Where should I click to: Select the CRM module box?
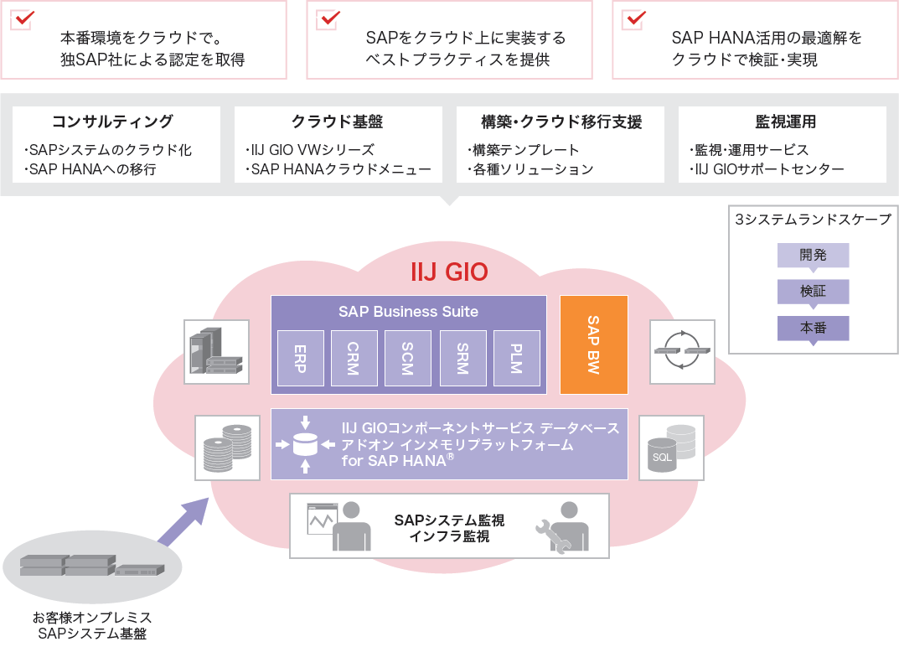click(x=354, y=358)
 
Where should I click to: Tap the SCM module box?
click(x=408, y=358)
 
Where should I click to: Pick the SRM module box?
click(x=462, y=358)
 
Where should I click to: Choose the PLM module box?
click(x=516, y=358)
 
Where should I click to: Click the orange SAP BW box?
click(x=593, y=344)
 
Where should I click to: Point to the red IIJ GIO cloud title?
click(x=449, y=273)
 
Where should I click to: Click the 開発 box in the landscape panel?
click(x=813, y=255)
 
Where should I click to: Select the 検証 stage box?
click(x=813, y=292)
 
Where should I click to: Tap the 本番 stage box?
click(x=813, y=329)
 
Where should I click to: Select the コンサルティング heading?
click(x=112, y=122)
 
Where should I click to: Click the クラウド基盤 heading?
click(x=337, y=122)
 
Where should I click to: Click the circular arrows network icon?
click(x=682, y=351)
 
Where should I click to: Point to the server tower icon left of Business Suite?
click(x=216, y=352)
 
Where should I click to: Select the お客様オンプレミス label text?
click(x=92, y=618)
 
